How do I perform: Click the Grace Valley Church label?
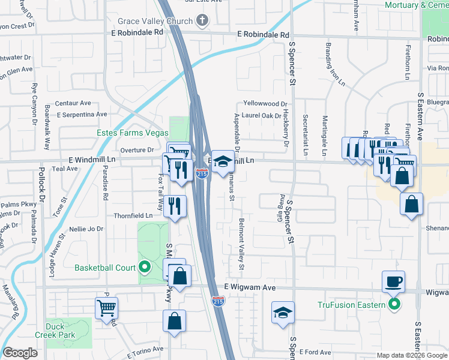[x=155, y=21]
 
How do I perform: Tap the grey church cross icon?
[x=202, y=21]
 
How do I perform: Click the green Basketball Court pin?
[x=144, y=268]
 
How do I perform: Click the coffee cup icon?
[x=393, y=281]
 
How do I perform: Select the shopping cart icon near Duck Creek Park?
[x=106, y=308]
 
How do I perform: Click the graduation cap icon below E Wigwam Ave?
[x=283, y=313]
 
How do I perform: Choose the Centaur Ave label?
[x=73, y=103]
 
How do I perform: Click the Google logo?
[x=20, y=353]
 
